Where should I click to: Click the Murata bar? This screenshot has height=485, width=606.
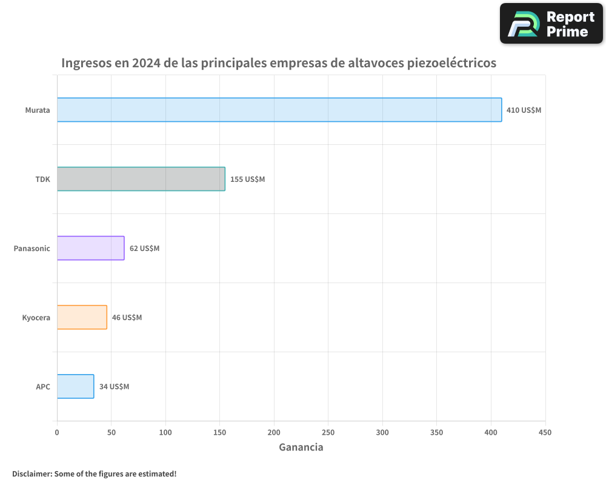coord(279,110)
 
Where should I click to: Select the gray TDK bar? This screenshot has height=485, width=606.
coord(141,179)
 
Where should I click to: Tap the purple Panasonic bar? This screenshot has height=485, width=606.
coord(91,248)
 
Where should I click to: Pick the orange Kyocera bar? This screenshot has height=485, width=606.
coord(82,317)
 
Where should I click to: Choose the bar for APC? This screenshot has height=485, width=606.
coord(76,386)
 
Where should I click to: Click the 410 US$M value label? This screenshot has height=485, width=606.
coord(524,110)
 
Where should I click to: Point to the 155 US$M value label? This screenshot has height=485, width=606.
coord(247,179)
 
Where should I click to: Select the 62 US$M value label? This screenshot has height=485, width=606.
coord(144,249)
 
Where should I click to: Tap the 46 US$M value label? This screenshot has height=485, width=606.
coord(127,318)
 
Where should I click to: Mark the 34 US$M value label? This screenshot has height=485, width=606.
coord(114,387)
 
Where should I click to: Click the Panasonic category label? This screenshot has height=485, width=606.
coord(32,249)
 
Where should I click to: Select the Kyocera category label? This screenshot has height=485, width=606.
coord(36,318)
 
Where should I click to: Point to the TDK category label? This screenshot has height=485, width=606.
coord(43,179)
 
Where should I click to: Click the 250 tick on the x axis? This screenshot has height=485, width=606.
coord(328,432)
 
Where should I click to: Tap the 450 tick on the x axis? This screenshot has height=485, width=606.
coord(545,432)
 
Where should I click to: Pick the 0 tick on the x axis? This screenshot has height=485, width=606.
coord(57,432)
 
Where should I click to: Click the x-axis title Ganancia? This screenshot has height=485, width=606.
coord(301,447)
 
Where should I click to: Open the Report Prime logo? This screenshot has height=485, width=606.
coord(551,24)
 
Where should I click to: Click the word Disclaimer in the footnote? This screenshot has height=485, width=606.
coord(31,473)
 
